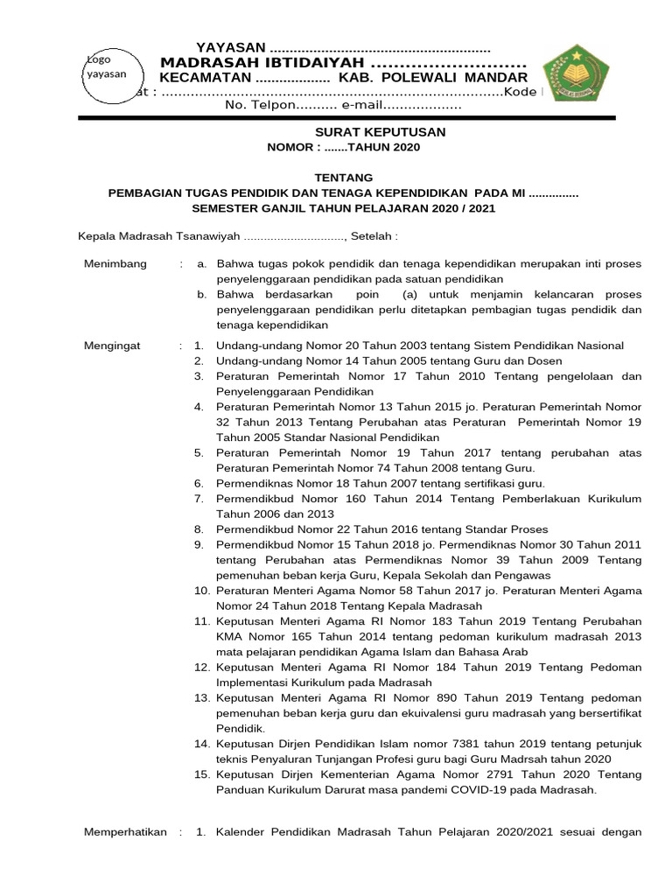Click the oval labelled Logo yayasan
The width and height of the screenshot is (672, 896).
point(105,69)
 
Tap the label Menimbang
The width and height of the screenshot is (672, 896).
point(115,263)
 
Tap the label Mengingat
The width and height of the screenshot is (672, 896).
point(111,346)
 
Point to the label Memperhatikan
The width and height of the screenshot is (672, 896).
point(124,832)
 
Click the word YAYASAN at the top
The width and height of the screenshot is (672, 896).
point(231,47)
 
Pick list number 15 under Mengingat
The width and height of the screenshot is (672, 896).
point(200,774)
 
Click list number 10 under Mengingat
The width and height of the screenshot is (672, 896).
point(200,591)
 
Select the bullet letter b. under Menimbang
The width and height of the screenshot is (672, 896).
point(202,295)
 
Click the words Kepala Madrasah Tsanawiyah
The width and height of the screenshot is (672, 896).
point(158,235)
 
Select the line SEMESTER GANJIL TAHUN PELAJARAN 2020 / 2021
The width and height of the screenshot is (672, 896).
point(343,207)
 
